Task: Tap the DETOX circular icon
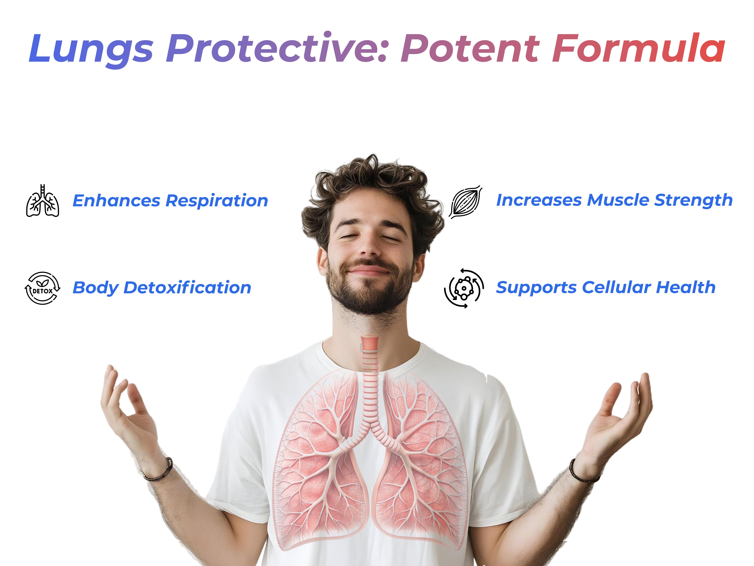[43, 288]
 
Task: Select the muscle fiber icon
[466, 202]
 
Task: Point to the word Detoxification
[187, 288]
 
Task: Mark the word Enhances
[117, 201]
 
